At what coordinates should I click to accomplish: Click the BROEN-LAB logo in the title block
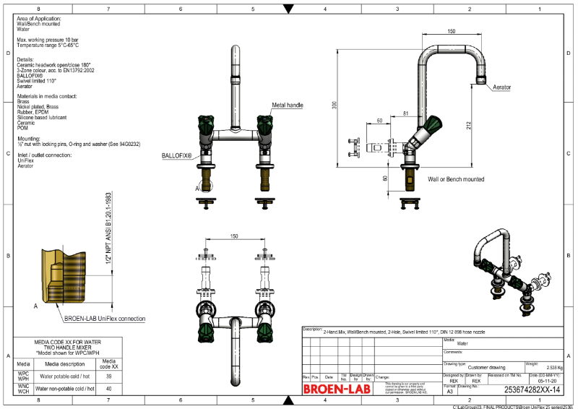click(x=335, y=389)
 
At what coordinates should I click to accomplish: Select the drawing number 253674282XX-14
click(x=531, y=389)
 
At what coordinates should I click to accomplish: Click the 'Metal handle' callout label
click(x=287, y=106)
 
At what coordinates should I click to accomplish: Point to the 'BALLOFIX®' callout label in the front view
click(x=176, y=155)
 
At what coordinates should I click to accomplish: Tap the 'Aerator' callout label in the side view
click(x=501, y=87)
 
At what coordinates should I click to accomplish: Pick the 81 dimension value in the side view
click(x=405, y=113)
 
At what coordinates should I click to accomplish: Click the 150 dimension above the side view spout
click(x=451, y=32)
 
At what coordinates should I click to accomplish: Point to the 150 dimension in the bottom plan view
click(x=233, y=236)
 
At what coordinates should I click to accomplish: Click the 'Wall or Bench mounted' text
click(x=456, y=178)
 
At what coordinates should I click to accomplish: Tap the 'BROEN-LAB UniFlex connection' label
click(x=105, y=319)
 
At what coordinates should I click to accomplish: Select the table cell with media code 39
click(x=108, y=376)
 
